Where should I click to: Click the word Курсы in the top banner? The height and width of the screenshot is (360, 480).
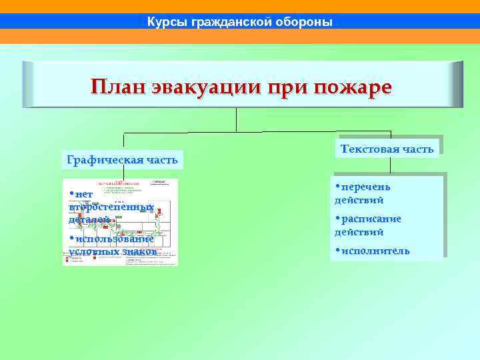click(167, 23)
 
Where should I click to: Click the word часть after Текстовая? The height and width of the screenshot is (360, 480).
click(419, 149)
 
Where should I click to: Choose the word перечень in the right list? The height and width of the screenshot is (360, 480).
click(366, 187)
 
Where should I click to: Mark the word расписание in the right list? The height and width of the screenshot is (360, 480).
click(371, 219)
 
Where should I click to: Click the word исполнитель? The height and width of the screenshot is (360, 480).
click(375, 251)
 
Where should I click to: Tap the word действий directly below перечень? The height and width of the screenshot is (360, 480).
click(359, 200)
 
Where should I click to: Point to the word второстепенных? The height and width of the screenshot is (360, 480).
click(111, 207)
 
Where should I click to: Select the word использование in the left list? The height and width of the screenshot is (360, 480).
click(113, 239)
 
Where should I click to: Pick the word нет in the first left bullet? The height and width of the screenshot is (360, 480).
click(84, 194)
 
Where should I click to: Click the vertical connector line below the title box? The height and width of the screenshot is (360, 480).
click(237, 120)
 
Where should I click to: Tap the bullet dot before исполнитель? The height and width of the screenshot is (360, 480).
click(338, 251)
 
